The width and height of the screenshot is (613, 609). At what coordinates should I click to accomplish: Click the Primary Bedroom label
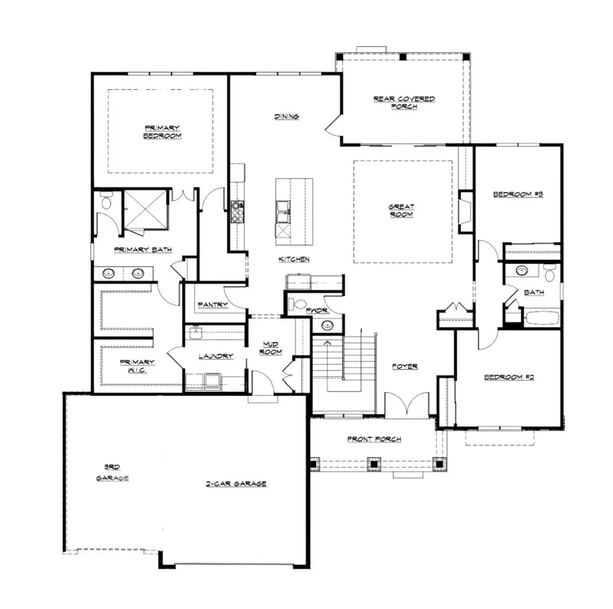[162, 131]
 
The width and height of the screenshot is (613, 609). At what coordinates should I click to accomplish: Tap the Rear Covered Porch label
[404, 102]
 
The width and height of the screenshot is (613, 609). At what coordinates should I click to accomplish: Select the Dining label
[287, 116]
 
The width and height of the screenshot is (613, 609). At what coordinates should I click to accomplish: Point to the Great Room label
[402, 210]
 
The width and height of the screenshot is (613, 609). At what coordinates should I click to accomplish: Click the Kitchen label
[294, 259]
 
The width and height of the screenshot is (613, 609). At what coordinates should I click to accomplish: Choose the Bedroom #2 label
[509, 376]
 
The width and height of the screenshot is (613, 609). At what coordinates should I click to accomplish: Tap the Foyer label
[405, 366]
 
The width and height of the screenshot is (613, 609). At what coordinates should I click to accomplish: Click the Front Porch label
[374, 439]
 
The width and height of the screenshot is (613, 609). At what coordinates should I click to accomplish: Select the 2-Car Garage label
[236, 484]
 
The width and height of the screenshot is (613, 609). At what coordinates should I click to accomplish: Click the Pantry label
[213, 305]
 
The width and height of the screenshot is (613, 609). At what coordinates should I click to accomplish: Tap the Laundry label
[216, 356]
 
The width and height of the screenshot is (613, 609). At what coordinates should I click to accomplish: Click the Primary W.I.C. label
[137, 366]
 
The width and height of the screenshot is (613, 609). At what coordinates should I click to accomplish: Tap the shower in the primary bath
[144, 208]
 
